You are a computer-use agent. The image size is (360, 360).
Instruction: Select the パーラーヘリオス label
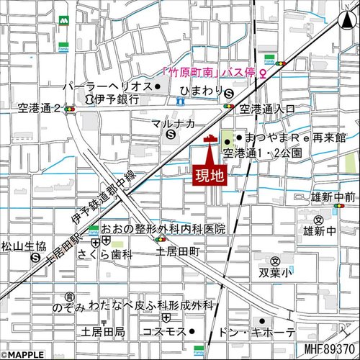(x=107, y=86)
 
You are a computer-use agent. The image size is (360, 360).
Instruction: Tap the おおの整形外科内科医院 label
(x=163, y=228)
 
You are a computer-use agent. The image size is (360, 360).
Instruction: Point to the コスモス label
(x=168, y=332)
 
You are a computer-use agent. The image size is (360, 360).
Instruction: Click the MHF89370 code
(x=330, y=350)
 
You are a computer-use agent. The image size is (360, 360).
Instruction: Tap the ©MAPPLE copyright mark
(x=22, y=354)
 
